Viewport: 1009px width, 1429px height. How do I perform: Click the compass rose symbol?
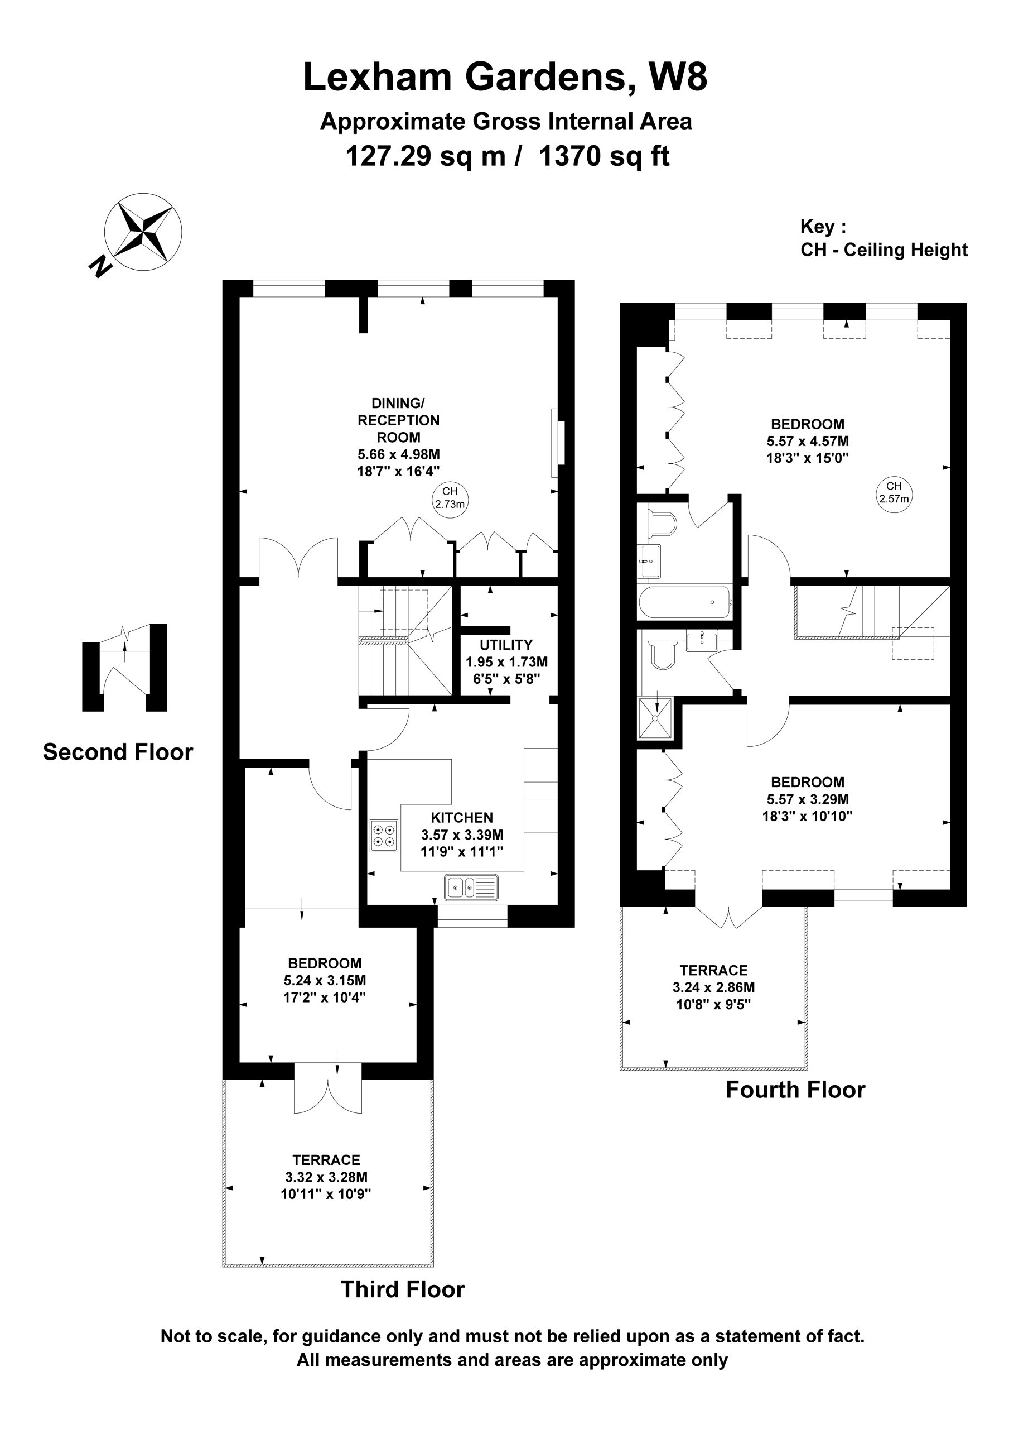tap(143, 232)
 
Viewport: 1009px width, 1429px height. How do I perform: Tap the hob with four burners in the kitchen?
tap(384, 836)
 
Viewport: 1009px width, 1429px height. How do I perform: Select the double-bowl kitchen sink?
tap(471, 888)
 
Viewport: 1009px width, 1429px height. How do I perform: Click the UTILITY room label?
tap(506, 645)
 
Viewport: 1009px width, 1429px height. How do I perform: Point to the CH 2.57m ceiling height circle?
tap(894, 493)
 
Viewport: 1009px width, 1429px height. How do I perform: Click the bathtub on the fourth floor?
tap(685, 601)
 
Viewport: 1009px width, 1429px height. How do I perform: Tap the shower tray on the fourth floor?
tap(656, 718)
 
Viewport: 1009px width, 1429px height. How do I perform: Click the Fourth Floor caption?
tap(795, 1089)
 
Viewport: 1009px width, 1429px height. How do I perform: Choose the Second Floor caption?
tap(118, 752)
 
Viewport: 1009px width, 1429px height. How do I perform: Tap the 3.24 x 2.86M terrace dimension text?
tap(713, 987)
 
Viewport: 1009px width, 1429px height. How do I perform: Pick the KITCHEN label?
tap(462, 817)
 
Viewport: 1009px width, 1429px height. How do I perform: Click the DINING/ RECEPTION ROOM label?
tap(398, 420)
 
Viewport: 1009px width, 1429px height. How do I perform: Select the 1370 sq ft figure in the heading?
tap(604, 156)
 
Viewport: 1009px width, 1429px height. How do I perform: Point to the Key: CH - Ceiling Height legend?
tap(884, 238)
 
